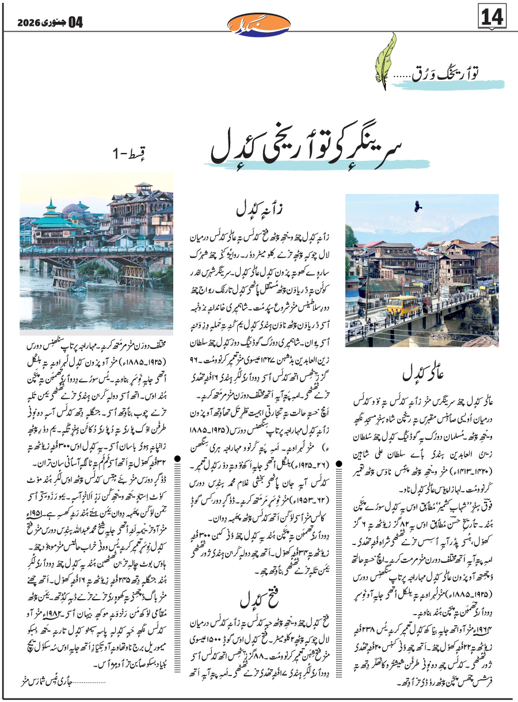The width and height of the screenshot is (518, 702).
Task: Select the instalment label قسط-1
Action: [x=128, y=154]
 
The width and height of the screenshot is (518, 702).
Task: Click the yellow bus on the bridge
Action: [x=403, y=305]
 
